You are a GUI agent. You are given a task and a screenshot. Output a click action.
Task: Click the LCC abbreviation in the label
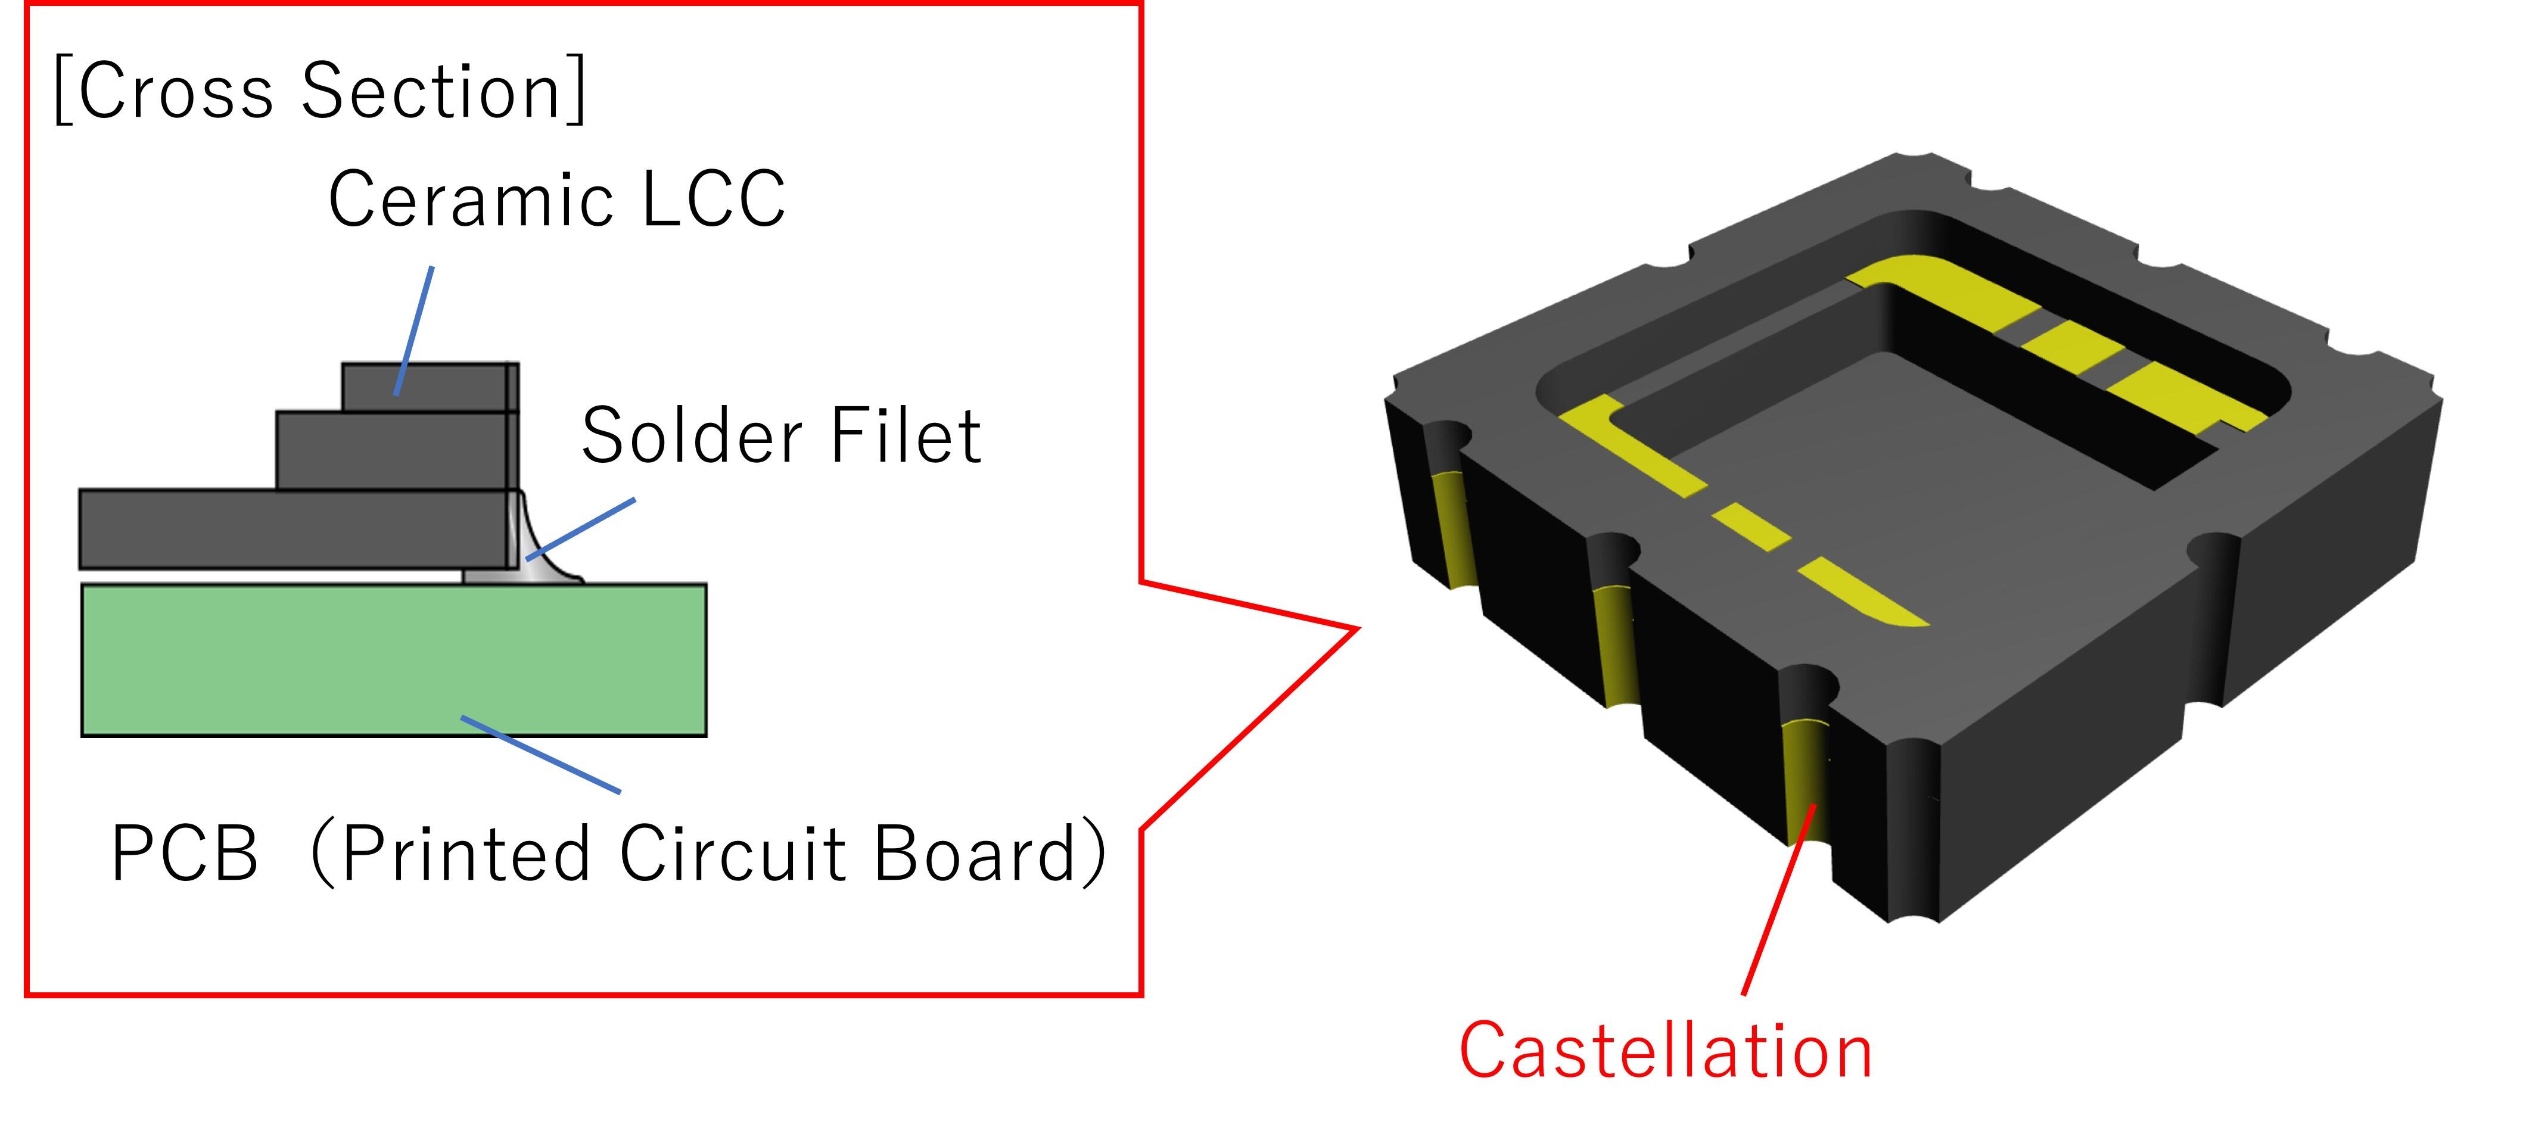[713, 200]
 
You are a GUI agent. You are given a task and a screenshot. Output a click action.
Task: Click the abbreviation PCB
[185, 854]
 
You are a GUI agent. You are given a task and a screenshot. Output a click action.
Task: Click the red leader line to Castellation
[1778, 899]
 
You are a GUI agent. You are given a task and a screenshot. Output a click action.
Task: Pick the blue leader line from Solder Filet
[583, 528]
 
